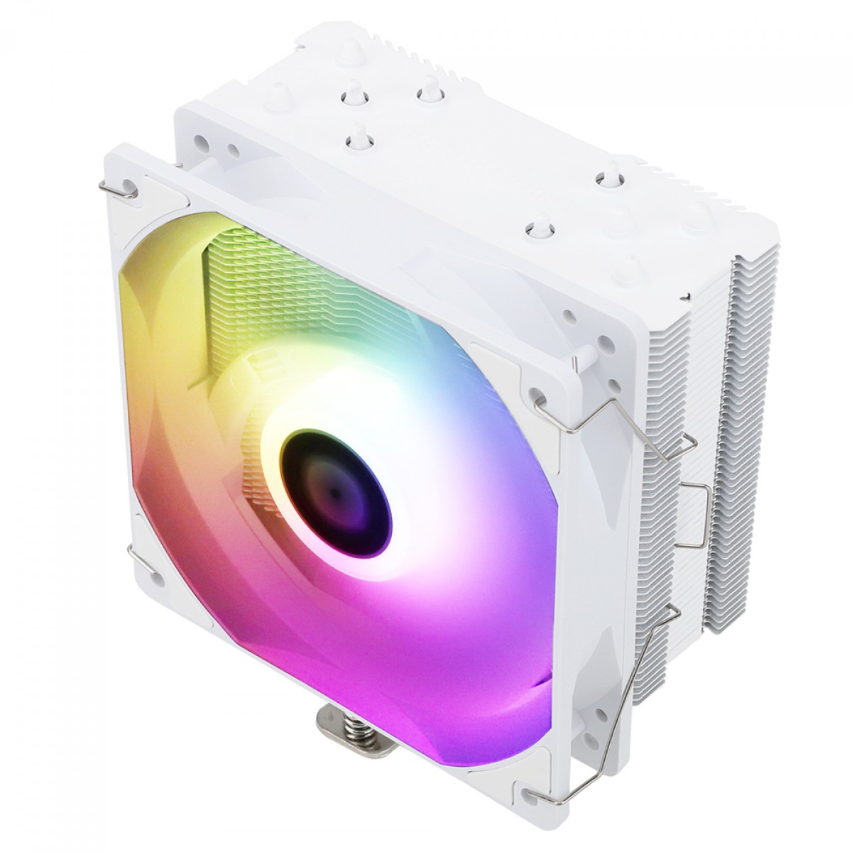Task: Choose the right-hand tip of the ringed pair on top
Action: (427, 94)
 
